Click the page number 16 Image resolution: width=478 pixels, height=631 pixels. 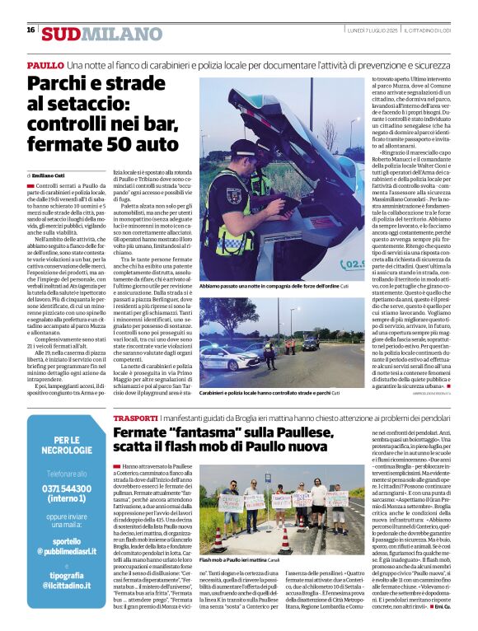coord(30,30)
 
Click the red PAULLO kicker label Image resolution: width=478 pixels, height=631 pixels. coord(45,64)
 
